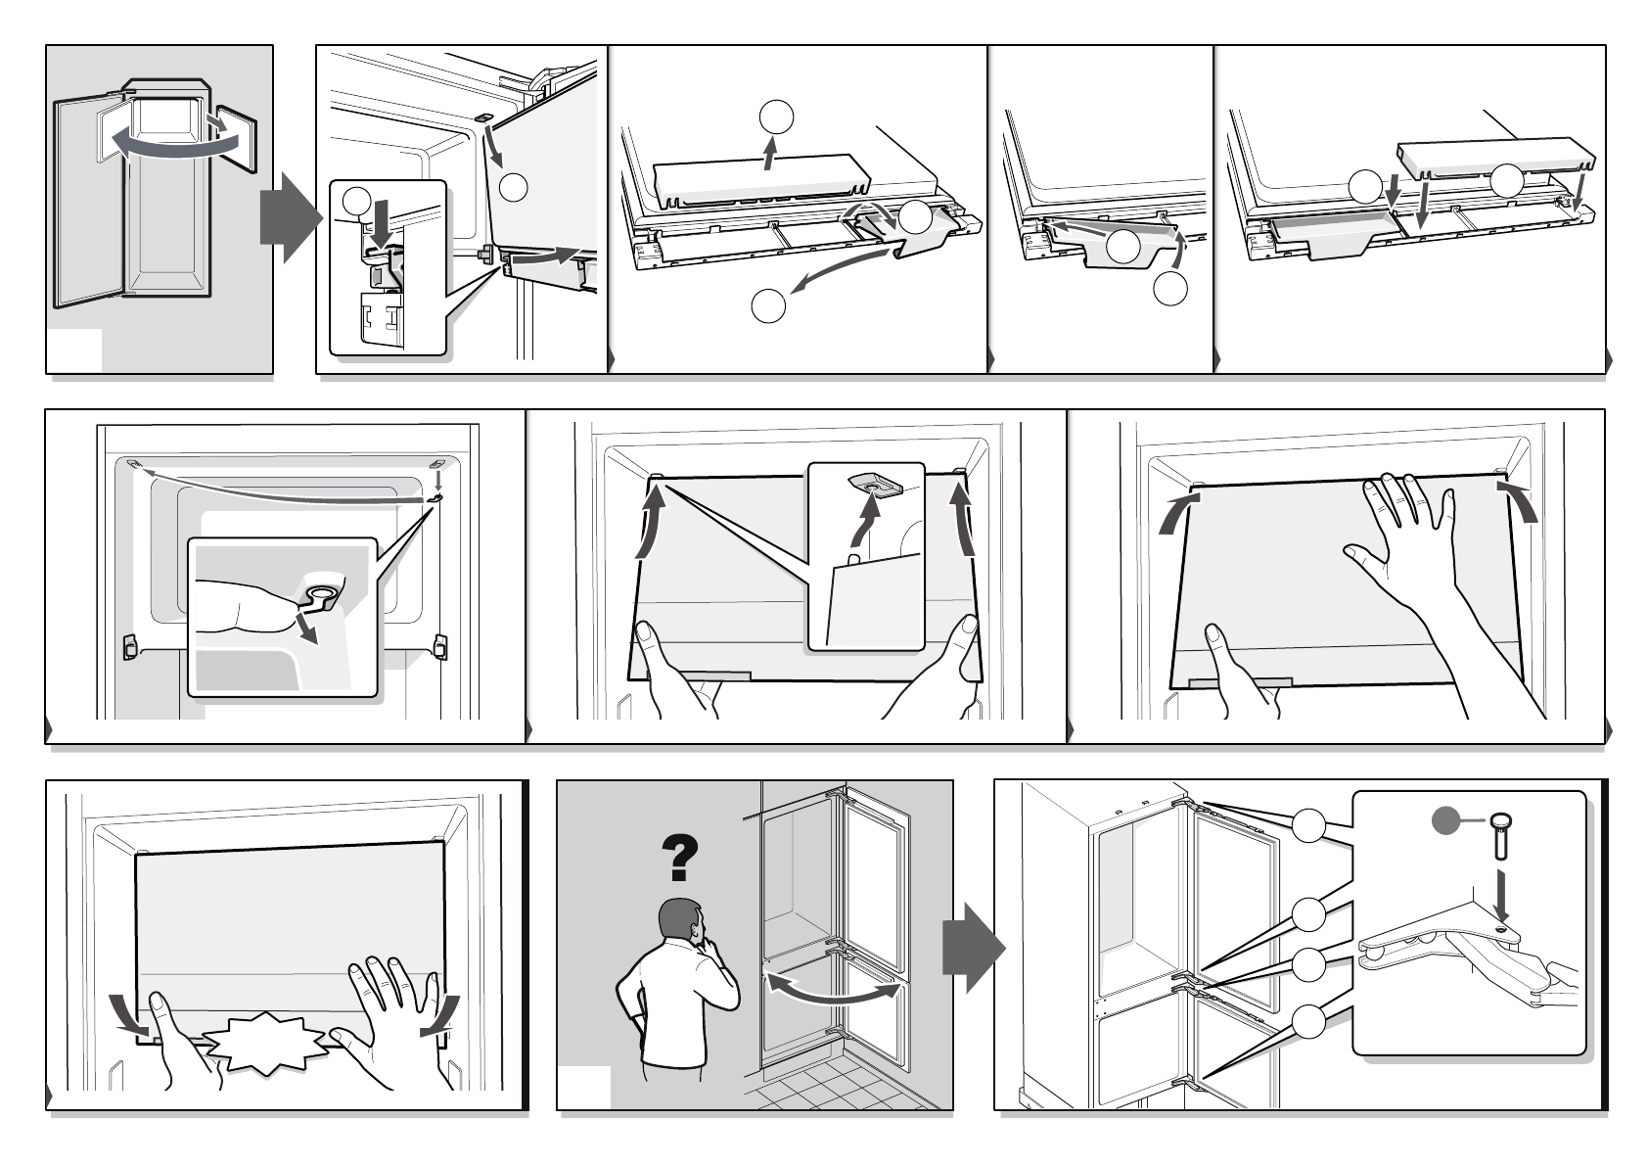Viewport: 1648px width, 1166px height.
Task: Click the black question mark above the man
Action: [681, 858]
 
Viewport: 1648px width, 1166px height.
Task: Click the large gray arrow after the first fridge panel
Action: [289, 215]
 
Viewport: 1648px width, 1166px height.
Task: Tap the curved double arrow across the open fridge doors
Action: [174, 140]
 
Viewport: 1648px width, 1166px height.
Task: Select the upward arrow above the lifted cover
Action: [772, 154]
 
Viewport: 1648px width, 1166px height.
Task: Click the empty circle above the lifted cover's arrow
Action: [775, 116]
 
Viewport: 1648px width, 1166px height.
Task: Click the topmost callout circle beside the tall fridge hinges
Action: [1308, 825]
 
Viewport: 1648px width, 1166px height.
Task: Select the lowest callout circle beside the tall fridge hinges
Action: [1308, 1022]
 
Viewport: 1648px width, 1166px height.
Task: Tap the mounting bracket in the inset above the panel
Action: [877, 484]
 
